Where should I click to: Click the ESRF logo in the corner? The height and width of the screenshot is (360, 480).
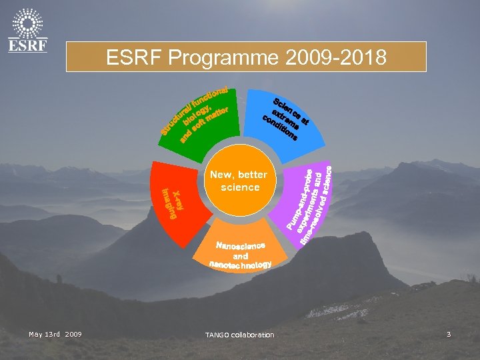coord(27,30)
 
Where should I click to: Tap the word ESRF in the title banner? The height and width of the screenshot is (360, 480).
coord(135,58)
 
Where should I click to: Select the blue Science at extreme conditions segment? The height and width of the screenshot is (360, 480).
coord(287,119)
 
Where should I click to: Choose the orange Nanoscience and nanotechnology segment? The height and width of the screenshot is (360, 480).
coord(241,254)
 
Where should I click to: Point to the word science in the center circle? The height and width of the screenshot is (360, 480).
coord(240,187)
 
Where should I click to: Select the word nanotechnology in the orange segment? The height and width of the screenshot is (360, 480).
coord(241,265)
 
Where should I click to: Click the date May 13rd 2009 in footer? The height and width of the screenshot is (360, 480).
coord(55,333)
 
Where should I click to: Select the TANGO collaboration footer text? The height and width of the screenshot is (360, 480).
coord(240,334)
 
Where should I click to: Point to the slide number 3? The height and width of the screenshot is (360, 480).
coord(449,333)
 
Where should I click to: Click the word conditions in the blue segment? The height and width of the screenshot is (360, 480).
coord(279,129)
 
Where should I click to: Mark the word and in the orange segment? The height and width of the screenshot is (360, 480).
coord(241,255)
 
